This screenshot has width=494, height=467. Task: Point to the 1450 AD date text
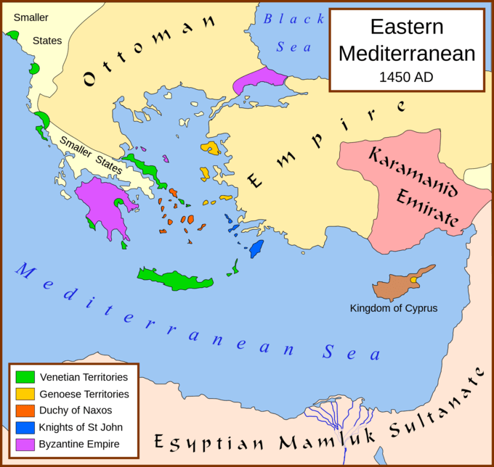click(x=407, y=75)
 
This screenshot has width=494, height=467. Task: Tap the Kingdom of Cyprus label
click(x=394, y=308)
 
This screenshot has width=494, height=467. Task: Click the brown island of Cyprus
click(x=396, y=288)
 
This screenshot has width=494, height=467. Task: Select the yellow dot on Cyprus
click(x=413, y=279)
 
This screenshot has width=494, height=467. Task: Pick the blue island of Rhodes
click(x=256, y=249)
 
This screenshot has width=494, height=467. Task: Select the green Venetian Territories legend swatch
click(x=25, y=377)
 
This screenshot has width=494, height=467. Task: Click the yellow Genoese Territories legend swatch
click(x=25, y=394)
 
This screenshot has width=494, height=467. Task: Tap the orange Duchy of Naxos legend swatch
click(x=25, y=410)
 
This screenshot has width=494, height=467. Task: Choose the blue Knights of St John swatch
click(x=25, y=427)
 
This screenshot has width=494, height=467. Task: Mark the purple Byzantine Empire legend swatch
click(x=25, y=444)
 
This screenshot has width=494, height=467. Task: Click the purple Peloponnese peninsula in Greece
click(x=105, y=203)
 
